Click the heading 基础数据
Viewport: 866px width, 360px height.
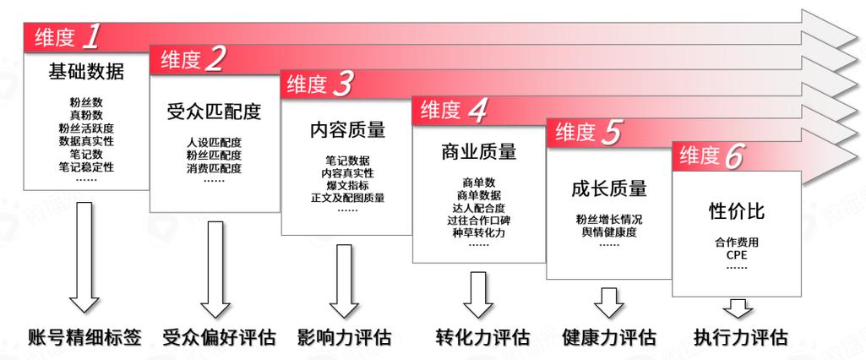86,72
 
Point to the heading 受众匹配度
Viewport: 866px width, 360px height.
214,112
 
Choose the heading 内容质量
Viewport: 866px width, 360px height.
347,129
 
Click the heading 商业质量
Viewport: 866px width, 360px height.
479,151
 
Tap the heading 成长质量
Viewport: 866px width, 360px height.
608,188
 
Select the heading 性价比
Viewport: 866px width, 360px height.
736,211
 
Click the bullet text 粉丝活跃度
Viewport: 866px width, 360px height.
86,128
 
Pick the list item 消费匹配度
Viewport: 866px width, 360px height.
214,168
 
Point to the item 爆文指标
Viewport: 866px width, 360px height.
347,185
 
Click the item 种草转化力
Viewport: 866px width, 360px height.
478,232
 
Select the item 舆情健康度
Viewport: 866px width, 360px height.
608,232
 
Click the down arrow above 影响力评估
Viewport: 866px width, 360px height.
345,281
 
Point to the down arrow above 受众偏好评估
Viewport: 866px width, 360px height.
215,270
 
